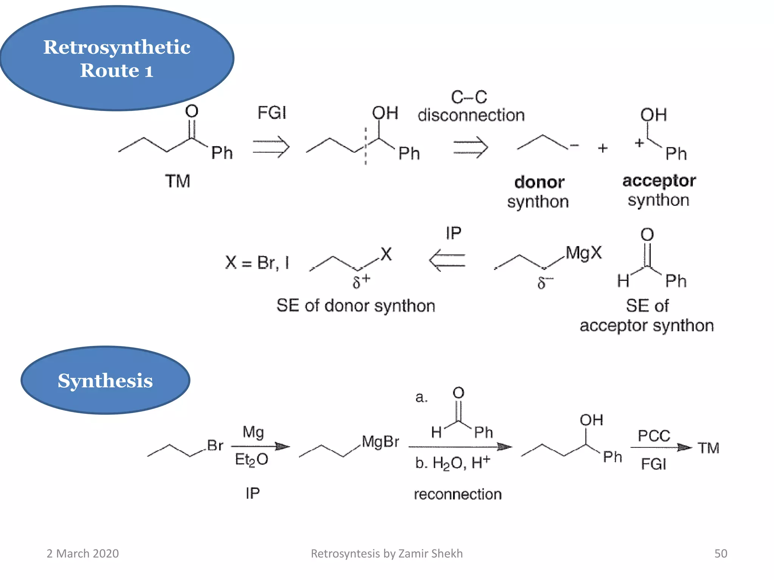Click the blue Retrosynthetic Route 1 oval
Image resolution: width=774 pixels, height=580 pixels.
117,58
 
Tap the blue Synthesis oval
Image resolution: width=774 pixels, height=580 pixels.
105,380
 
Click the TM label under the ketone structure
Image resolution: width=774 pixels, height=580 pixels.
178,181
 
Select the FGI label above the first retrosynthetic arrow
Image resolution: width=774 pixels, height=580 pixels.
272,113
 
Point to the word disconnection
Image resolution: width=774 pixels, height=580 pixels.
471,115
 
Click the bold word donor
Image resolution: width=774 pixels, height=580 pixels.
539,182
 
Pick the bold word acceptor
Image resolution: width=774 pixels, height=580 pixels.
659,181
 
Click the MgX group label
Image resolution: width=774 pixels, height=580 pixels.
584,253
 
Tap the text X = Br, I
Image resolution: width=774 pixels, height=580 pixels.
257,262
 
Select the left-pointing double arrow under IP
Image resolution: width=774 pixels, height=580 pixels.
447,260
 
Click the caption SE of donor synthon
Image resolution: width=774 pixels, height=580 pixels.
356,305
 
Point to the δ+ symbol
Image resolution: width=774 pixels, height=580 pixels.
361,281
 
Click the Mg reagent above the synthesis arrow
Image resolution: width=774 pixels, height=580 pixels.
253,432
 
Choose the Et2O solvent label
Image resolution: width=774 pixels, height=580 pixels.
251,460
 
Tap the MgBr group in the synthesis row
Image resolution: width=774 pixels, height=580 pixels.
380,441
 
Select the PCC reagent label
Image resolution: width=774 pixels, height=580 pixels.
654,436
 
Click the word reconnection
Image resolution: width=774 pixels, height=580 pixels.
458,494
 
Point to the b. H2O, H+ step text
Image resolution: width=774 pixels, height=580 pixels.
452,463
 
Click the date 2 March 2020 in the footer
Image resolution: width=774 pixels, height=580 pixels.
82,554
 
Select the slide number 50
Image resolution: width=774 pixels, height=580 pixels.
720,554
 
